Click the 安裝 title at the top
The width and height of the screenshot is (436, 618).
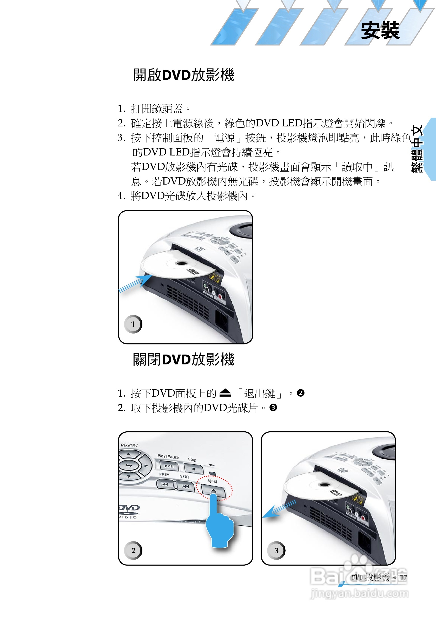(x=380, y=30)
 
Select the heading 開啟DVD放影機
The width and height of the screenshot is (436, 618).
(x=183, y=75)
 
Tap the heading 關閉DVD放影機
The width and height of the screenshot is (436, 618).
(x=183, y=359)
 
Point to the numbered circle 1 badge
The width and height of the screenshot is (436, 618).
(x=133, y=324)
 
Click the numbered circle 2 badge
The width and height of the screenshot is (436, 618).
(x=133, y=551)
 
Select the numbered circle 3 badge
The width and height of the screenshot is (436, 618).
(x=276, y=551)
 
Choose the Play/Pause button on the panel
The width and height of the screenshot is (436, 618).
(x=169, y=466)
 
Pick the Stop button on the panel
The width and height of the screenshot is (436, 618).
(x=194, y=468)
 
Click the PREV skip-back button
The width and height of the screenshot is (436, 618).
(x=165, y=484)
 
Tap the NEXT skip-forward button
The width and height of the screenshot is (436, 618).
(x=186, y=486)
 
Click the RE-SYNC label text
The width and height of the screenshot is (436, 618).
(x=129, y=445)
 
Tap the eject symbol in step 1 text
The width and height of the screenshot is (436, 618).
(x=225, y=393)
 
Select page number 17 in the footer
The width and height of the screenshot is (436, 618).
(x=403, y=577)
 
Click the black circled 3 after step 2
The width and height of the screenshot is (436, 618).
(x=273, y=408)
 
